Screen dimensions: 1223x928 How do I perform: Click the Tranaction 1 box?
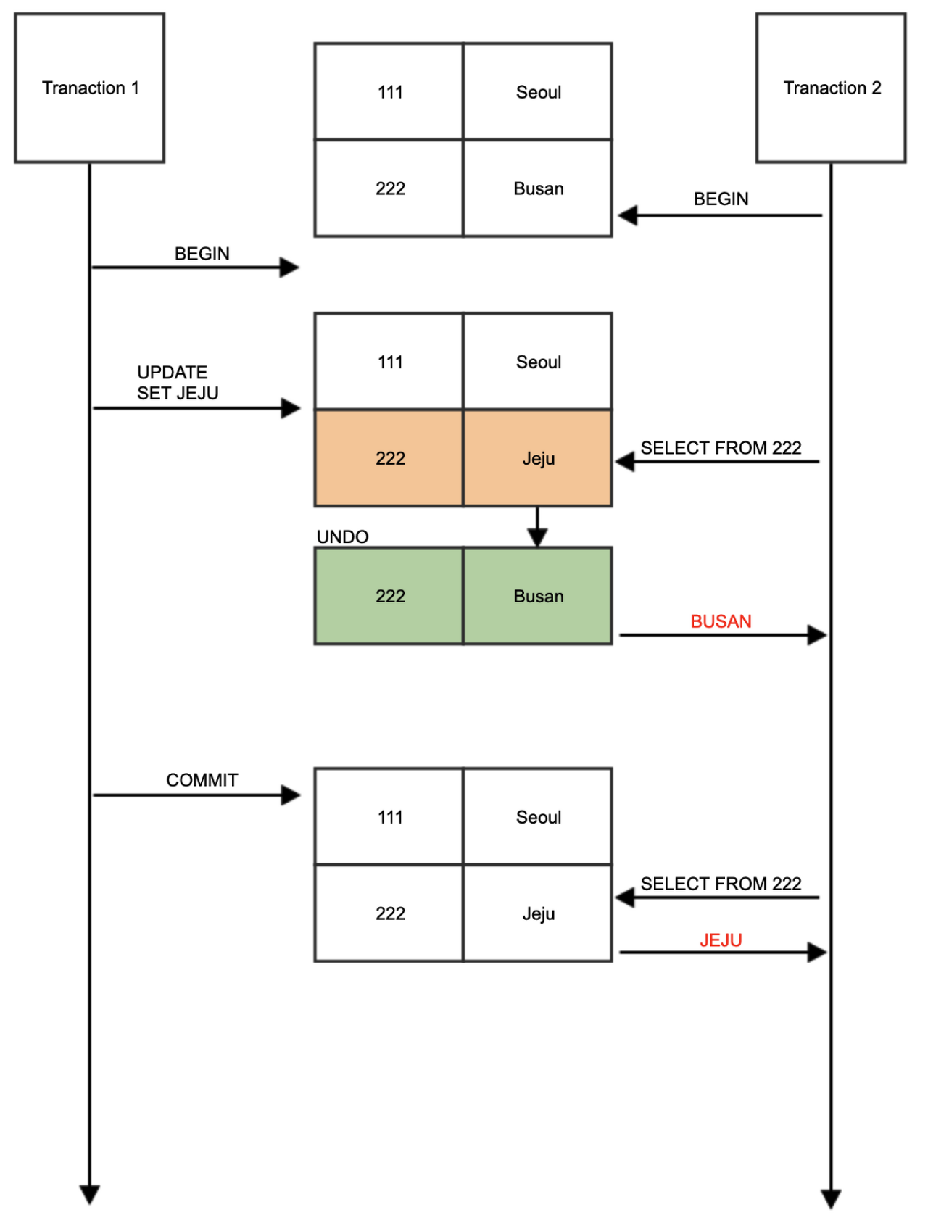tap(89, 88)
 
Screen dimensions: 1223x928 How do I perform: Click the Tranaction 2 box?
tap(831, 88)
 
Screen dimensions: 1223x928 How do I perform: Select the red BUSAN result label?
tap(721, 621)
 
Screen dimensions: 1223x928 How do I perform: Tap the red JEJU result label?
tap(721, 940)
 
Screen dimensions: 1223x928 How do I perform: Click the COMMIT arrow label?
tap(202, 780)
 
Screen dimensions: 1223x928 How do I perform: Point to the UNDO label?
tap(342, 536)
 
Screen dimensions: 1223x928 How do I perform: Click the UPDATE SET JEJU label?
tap(178, 382)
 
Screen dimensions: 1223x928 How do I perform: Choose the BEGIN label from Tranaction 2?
tap(721, 199)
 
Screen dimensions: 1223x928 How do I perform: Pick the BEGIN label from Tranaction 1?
tap(202, 254)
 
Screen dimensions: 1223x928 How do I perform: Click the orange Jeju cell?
tap(538, 458)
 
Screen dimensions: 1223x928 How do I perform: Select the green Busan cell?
tap(538, 596)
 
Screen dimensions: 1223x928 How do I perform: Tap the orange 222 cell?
tap(389, 458)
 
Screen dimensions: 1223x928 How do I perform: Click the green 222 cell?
tap(389, 596)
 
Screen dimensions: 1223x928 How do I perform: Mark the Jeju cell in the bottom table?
tap(538, 913)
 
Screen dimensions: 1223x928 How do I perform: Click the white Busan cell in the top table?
tap(538, 188)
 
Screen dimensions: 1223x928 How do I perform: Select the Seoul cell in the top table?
tap(538, 92)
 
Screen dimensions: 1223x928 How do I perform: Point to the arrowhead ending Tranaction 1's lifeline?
tap(89, 1194)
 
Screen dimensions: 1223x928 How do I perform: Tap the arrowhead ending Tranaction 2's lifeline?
tap(831, 1198)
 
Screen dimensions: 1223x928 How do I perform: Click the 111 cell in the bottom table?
tap(389, 817)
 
